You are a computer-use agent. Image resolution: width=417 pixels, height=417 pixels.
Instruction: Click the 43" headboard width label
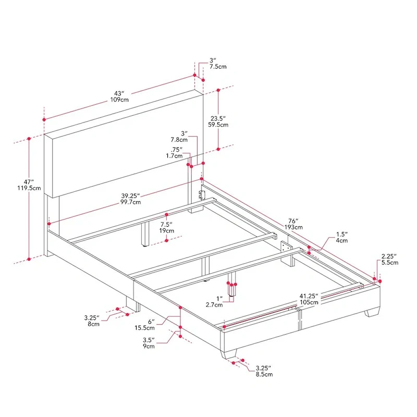pos(119,93)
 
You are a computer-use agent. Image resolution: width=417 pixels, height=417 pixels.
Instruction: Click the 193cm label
pos(293,227)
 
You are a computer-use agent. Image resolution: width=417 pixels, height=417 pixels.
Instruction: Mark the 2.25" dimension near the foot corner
pos(389,256)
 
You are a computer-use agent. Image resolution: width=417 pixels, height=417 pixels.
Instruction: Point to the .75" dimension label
pos(177,149)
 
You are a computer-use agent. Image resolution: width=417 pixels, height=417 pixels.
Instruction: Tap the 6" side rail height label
pos(150,321)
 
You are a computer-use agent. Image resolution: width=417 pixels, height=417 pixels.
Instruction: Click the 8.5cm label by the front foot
pos(262,374)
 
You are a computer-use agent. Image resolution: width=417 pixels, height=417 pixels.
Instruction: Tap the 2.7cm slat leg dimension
pos(212,304)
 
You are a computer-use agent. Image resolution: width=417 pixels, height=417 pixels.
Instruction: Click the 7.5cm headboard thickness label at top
pos(218,67)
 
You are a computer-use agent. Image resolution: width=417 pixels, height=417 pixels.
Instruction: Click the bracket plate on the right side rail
pos(285,247)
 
